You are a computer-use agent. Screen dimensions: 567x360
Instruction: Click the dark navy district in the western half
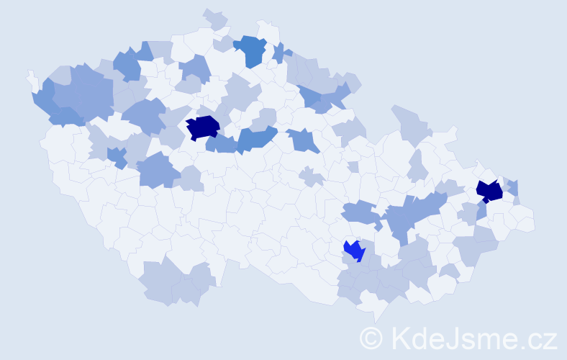click(203, 127)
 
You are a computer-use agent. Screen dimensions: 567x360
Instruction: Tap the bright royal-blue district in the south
click(354, 250)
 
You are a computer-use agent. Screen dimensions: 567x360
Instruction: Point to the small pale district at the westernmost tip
click(32, 78)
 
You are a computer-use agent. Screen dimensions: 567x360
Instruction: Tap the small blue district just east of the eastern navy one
click(513, 188)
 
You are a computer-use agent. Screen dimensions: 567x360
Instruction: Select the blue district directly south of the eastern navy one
click(481, 211)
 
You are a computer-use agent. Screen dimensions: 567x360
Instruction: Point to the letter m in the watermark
click(489, 340)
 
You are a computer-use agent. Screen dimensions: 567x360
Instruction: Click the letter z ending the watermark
click(550, 340)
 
